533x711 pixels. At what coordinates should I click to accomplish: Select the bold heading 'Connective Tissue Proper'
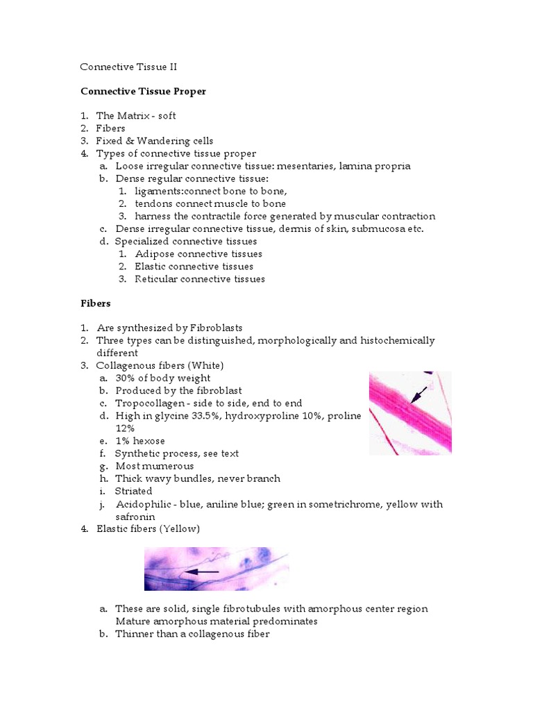coord(143,91)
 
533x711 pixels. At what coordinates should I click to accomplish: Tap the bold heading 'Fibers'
coord(96,303)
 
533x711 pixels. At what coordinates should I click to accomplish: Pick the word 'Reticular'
coord(156,278)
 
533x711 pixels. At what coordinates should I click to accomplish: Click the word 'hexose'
coord(149,441)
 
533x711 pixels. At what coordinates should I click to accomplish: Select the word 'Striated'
coord(134,491)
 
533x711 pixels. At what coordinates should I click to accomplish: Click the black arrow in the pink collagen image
coord(418,394)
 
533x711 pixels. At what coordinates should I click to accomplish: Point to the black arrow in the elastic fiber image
coord(201,571)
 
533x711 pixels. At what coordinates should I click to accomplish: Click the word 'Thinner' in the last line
coord(135,634)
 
